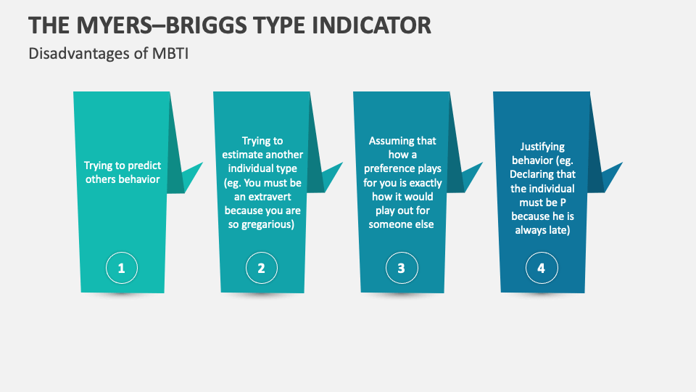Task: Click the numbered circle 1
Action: pyautogui.click(x=121, y=269)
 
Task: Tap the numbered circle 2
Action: pyautogui.click(x=261, y=269)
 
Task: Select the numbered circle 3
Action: pyautogui.click(x=401, y=269)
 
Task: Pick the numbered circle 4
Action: pyautogui.click(x=541, y=269)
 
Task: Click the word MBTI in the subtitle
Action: pyautogui.click(x=172, y=54)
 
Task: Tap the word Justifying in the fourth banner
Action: pyautogui.click(x=542, y=147)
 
